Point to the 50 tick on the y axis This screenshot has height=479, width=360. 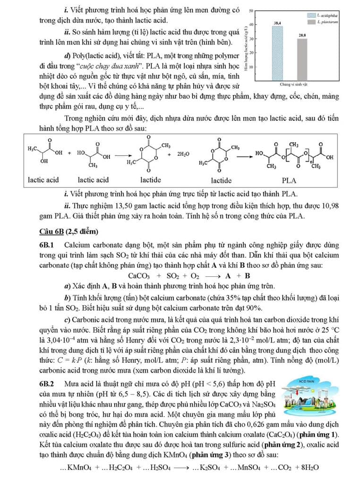(251, 10)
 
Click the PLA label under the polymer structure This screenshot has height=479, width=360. (289, 180)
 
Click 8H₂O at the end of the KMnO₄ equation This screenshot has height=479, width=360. (307, 467)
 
